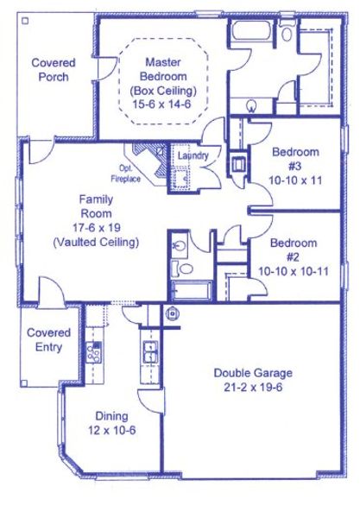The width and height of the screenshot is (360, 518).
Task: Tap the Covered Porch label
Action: (54, 69)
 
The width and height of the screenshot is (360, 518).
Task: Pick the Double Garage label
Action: (253, 373)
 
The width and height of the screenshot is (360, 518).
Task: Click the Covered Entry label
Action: (49, 339)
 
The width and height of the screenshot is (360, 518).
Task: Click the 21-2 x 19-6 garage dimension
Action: (253, 388)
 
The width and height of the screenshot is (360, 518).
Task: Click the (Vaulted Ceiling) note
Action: (95, 243)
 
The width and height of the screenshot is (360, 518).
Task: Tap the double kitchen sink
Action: (149, 353)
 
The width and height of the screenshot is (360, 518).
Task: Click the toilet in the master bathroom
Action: (250, 106)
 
